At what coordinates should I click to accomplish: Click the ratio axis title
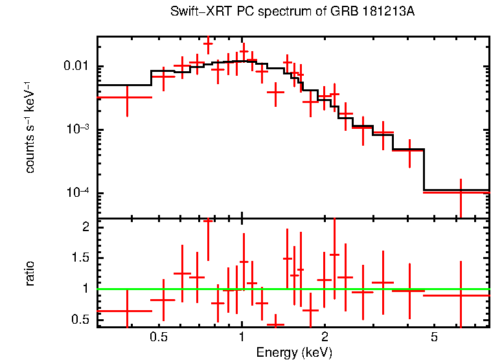point(30,273)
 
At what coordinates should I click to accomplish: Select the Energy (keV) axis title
point(294,352)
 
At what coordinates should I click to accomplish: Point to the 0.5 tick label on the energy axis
point(159,337)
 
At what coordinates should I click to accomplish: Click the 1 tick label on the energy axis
point(242,337)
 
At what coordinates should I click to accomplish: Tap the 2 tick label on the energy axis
point(325,337)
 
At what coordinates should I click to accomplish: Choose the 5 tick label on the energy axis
point(434,337)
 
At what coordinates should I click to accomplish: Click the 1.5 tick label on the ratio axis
point(80,258)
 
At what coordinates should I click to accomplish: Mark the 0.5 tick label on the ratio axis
point(80,319)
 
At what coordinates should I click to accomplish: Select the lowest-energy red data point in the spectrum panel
point(127,96)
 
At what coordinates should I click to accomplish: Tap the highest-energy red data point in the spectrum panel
point(460,192)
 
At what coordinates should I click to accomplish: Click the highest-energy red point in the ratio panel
point(460,295)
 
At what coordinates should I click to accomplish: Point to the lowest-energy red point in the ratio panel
point(127,311)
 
